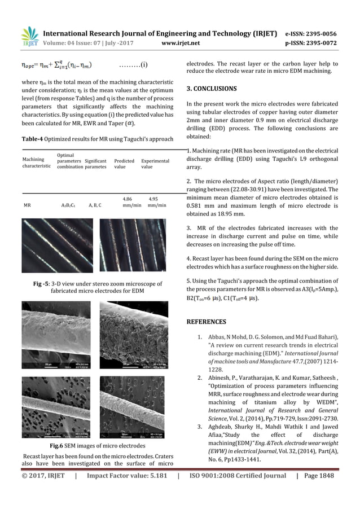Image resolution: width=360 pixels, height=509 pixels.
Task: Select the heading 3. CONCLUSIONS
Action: point(212,89)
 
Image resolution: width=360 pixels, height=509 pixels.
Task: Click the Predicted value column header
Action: point(124,164)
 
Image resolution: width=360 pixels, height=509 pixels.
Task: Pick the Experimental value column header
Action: point(155,164)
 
